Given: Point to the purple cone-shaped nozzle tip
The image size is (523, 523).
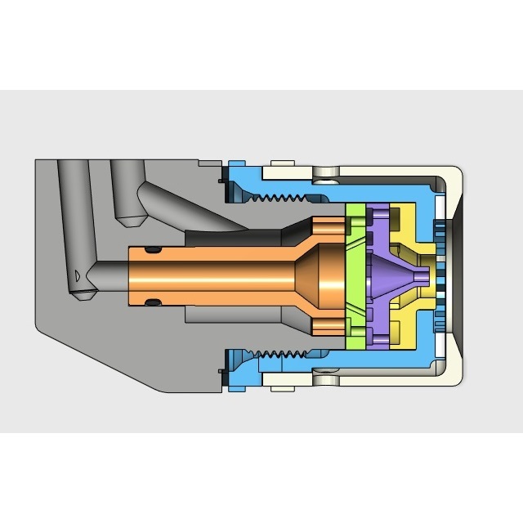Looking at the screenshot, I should pos(413,277).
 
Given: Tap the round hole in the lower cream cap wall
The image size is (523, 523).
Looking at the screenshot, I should pos(328,382).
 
